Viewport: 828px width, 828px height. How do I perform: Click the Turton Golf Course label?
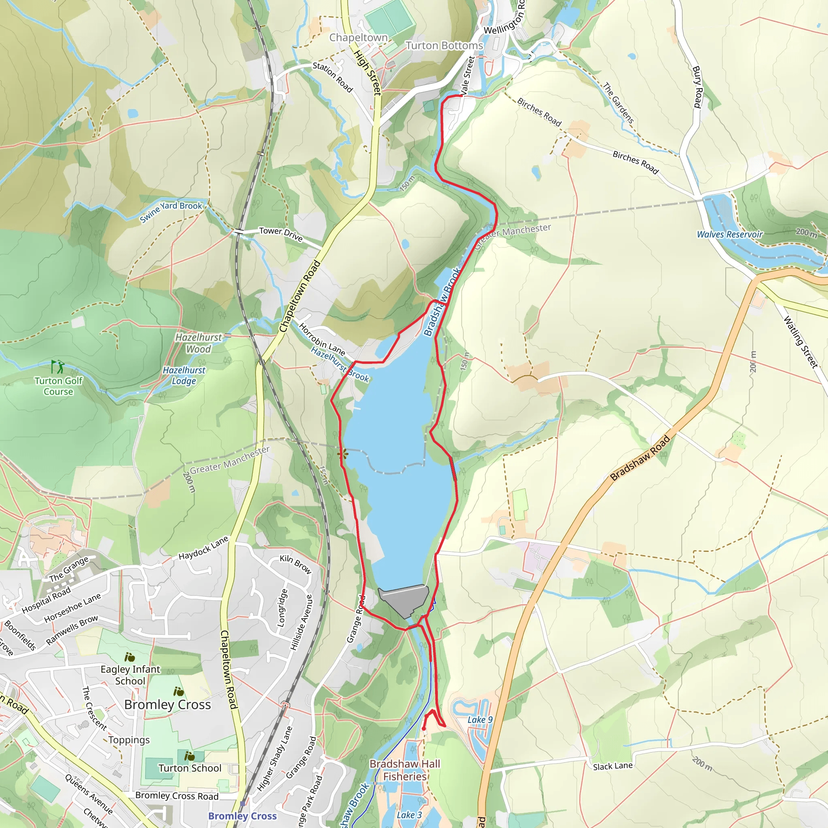(58, 386)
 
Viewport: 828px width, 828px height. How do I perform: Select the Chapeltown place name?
(358, 38)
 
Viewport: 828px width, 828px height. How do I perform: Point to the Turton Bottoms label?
(444, 45)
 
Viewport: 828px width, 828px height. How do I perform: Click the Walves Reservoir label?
(729, 234)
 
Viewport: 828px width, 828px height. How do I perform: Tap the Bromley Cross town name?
(167, 705)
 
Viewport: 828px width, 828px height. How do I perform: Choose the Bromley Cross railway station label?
(243, 816)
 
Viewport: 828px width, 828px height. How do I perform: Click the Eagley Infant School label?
(130, 675)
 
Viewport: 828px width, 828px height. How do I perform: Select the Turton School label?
(190, 768)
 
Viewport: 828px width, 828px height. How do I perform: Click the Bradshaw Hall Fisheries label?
(405, 770)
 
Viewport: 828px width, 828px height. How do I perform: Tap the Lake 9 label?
(480, 720)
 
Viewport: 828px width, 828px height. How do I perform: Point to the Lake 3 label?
(409, 815)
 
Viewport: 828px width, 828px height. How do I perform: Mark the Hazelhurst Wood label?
(199, 343)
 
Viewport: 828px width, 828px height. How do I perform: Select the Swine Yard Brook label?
(171, 212)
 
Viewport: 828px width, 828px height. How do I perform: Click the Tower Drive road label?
(281, 234)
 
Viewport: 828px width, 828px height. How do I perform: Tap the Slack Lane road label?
(613, 766)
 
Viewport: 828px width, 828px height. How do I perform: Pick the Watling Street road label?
(800, 342)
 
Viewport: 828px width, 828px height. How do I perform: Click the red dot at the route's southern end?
(423, 729)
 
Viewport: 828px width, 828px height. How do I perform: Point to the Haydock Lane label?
(204, 548)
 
